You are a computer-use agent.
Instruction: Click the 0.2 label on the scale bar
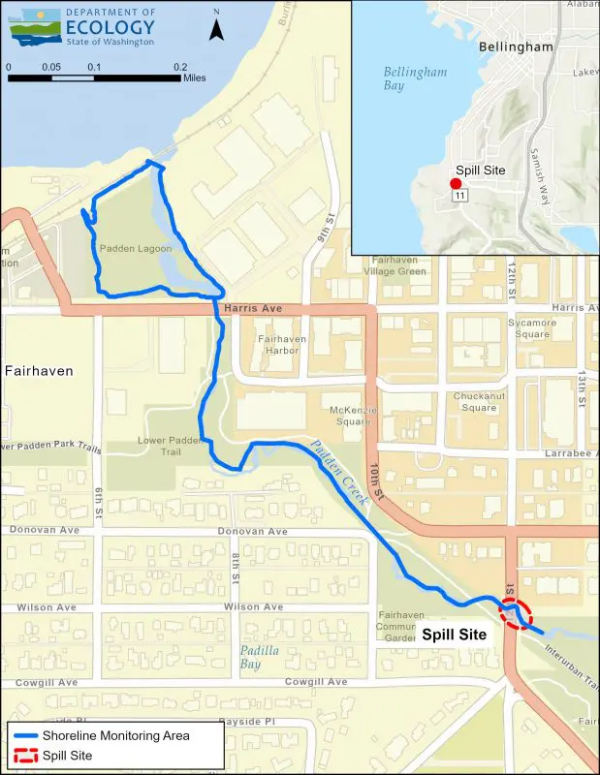point(180,66)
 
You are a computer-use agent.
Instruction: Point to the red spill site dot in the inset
point(453,183)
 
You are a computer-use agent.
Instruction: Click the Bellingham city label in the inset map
point(515,46)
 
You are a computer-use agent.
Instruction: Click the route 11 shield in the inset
point(459,196)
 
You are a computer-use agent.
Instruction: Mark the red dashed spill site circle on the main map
point(516,612)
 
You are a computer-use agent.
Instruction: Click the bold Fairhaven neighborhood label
point(39,370)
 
